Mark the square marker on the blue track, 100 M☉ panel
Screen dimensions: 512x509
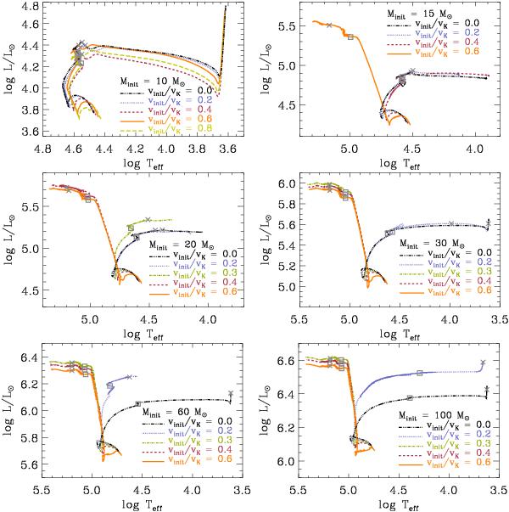pos(419,373)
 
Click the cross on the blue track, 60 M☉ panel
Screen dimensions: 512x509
pos(129,377)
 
